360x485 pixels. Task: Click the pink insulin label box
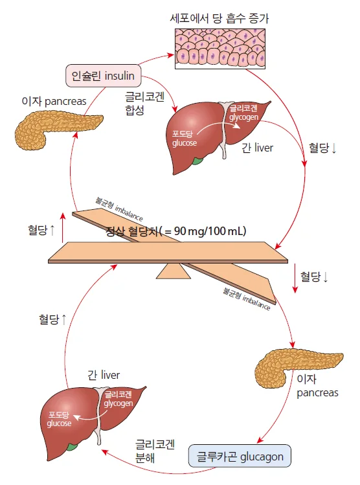(x=104, y=76)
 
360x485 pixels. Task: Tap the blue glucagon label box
(x=240, y=456)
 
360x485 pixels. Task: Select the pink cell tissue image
(x=220, y=49)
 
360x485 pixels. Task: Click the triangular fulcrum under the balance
(x=173, y=271)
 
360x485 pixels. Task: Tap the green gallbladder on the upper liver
(x=197, y=161)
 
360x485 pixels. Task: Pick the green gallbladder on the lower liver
(x=72, y=447)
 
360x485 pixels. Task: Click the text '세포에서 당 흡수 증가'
(x=219, y=19)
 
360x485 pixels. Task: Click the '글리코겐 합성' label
(x=144, y=104)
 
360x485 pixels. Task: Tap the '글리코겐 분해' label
(x=155, y=451)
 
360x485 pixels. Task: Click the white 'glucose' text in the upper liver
(x=185, y=143)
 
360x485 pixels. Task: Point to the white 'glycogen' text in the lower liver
(x=118, y=403)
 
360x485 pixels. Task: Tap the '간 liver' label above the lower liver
(x=104, y=375)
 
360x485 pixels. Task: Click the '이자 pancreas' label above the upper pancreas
(x=54, y=101)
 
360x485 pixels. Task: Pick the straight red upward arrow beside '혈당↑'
(x=63, y=228)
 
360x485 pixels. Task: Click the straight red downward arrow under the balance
(x=295, y=278)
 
